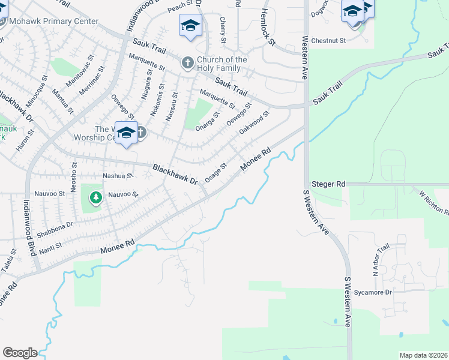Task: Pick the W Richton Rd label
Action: tap(434, 202)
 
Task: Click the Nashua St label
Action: tap(117, 176)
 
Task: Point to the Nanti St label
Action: tap(52, 246)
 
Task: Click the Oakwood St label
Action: tap(255, 122)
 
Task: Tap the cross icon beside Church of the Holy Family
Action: tap(187, 62)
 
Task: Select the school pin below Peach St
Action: tap(190, 25)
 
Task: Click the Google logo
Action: tap(20, 353)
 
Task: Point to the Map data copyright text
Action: tap(423, 355)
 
